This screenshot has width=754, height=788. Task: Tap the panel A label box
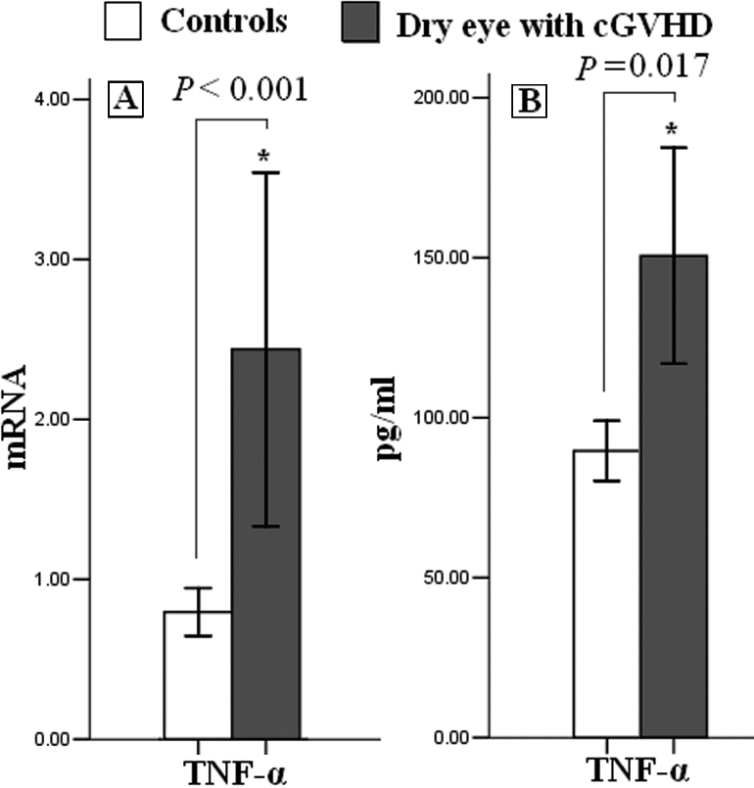coord(124,99)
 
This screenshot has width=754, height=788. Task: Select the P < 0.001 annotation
coord(241,90)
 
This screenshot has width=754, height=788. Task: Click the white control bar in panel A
coord(198,675)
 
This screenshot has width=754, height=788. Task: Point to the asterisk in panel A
coord(265,157)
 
